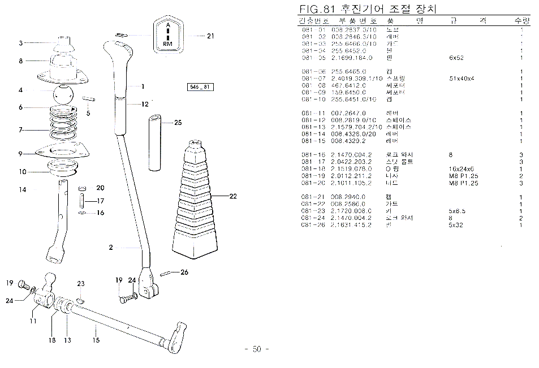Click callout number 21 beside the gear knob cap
pos(211,36)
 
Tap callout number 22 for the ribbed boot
pos(232,196)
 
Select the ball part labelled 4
pos(66,93)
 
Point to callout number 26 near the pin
pos(184,272)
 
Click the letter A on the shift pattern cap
pos(168,26)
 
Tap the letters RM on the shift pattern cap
pos(168,43)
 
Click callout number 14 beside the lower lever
pos(22,190)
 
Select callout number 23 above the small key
pos(81,283)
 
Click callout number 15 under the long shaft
pos(96,340)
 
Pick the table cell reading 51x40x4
pos(462,79)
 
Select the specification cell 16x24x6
pos(462,168)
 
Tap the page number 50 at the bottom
pos(256,349)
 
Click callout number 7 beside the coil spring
pos(20,130)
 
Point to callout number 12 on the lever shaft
pos(145,104)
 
